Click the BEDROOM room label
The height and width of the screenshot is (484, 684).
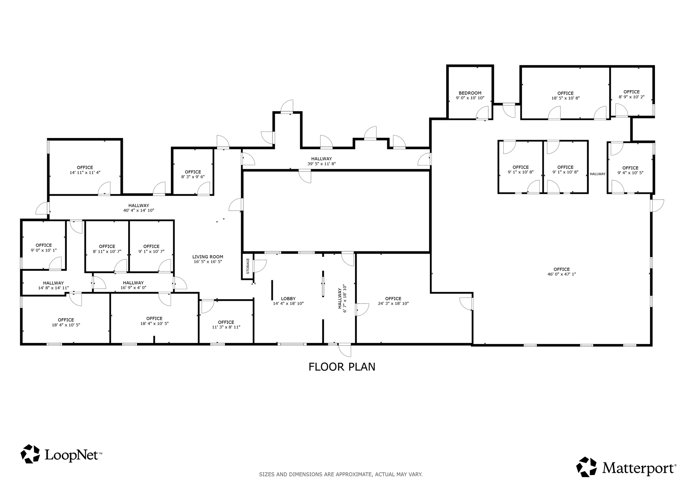pos(470,93)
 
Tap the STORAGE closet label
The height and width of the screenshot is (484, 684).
pos(248,266)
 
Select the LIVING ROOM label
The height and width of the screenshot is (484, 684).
pos(208,257)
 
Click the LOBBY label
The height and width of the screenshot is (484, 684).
pos(288,298)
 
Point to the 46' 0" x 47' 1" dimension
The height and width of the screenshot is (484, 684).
pos(561,274)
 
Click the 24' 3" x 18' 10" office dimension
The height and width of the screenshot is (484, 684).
pos(393,304)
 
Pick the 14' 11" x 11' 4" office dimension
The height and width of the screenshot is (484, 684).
pos(85,172)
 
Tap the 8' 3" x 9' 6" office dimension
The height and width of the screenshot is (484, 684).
pos(193,177)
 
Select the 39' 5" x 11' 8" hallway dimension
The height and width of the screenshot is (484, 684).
pos(321,164)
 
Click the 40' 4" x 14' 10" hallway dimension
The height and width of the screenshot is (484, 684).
pos(139,211)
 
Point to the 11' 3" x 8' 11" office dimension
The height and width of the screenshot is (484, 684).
pos(226,327)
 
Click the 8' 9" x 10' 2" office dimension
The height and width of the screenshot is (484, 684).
pos(632,97)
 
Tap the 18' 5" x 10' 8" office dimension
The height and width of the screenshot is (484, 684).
pos(565,98)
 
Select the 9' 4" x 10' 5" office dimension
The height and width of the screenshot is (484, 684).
pos(630,173)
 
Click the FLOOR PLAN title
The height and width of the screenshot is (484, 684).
pos(342,367)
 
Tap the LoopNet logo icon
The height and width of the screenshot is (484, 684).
pos(30,454)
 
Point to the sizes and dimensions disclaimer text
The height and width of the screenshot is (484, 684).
pos(341,474)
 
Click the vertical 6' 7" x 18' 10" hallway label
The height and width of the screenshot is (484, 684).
pos(342,298)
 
